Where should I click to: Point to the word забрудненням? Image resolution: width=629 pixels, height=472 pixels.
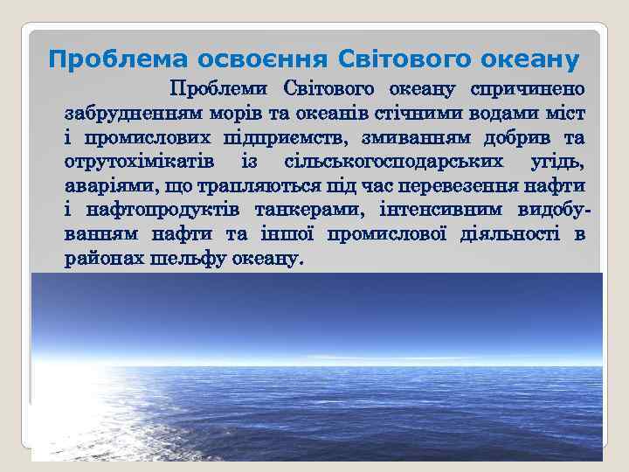(x=135, y=114)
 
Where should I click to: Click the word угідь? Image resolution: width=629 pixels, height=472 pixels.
(x=557, y=163)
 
